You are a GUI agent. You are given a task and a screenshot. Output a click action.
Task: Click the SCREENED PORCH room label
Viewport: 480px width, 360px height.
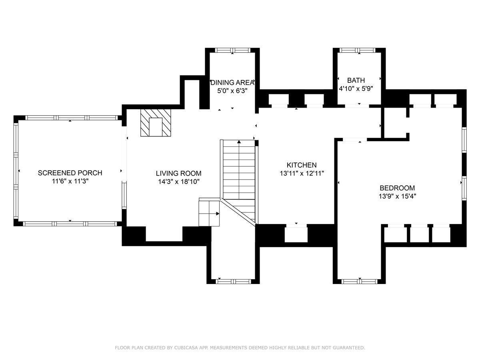coord(70,173)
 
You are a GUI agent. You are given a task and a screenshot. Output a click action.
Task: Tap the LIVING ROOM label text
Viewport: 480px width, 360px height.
coord(178,173)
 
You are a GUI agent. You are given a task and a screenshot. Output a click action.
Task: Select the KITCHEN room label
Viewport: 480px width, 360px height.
coord(302,165)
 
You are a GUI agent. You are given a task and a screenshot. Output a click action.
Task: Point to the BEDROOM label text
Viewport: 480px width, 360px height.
coord(397,188)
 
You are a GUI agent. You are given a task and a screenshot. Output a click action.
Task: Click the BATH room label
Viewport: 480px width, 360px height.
coord(356,80)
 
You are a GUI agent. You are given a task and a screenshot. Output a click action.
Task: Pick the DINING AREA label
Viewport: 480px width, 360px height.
coord(232,82)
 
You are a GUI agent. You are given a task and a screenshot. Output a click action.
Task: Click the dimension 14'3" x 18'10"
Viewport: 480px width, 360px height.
coord(179,182)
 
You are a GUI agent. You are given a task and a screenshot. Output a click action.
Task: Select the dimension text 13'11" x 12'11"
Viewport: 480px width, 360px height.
coord(302,173)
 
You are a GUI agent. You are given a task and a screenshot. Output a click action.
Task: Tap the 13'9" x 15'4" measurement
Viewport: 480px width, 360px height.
coord(397,196)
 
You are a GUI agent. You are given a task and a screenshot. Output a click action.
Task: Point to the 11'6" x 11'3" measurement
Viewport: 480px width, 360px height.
coord(70,181)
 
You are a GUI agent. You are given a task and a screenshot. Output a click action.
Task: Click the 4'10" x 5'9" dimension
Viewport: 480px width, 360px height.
coord(356,88)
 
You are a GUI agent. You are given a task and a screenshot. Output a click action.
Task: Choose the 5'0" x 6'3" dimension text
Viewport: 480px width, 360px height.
coord(232,91)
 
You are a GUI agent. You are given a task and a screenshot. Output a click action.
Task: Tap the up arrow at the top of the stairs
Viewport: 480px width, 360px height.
coord(239,142)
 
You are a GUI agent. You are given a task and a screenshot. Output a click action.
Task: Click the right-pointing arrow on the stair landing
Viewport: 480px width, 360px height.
coord(218,214)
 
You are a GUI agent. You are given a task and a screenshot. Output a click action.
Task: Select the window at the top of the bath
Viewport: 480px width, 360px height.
coord(357,50)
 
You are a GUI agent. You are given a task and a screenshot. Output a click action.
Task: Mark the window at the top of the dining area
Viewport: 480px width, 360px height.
coord(233,50)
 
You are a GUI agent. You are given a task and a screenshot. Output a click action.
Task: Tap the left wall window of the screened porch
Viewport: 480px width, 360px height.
coord(16,171)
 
